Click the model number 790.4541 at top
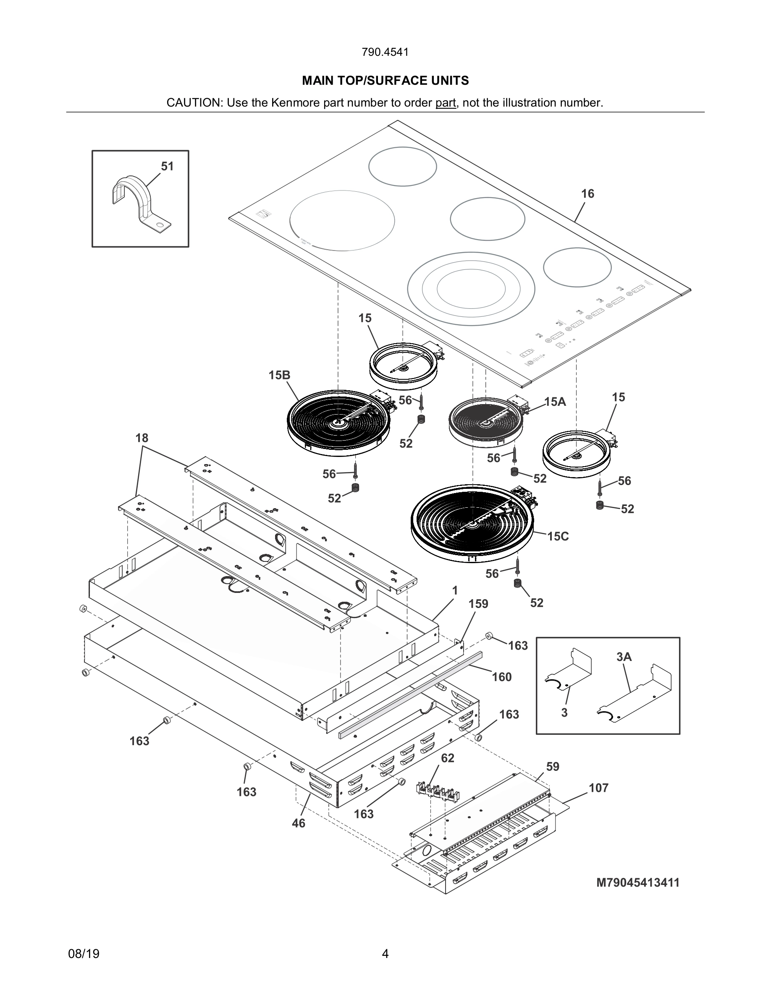(x=385, y=52)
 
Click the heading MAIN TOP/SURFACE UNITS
(x=385, y=81)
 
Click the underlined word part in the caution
(x=445, y=103)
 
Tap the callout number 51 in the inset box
(x=167, y=166)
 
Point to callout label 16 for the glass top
(x=587, y=193)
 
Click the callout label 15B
(x=279, y=375)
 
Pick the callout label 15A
(x=555, y=402)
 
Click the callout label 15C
(x=558, y=536)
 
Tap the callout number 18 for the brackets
(x=142, y=438)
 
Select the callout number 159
(x=478, y=604)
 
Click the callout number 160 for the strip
(x=501, y=677)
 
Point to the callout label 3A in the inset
(x=624, y=657)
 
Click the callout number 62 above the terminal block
(x=448, y=758)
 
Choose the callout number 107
(x=598, y=788)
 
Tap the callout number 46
(x=298, y=823)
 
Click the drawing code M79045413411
(x=637, y=882)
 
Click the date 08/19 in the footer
(x=84, y=954)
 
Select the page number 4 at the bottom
(x=385, y=954)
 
